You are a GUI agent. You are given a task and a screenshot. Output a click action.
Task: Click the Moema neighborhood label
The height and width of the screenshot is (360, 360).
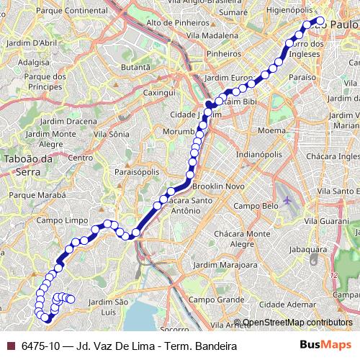(x=271, y=131)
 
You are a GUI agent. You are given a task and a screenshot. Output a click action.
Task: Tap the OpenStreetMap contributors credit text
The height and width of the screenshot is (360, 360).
(x=298, y=323)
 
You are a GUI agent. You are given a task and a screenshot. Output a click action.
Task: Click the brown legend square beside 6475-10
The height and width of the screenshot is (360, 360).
(x=10, y=346)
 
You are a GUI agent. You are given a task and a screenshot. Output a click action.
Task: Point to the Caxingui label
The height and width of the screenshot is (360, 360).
(x=159, y=93)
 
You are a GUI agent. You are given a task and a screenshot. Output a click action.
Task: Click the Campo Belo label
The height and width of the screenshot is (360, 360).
(x=255, y=205)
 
